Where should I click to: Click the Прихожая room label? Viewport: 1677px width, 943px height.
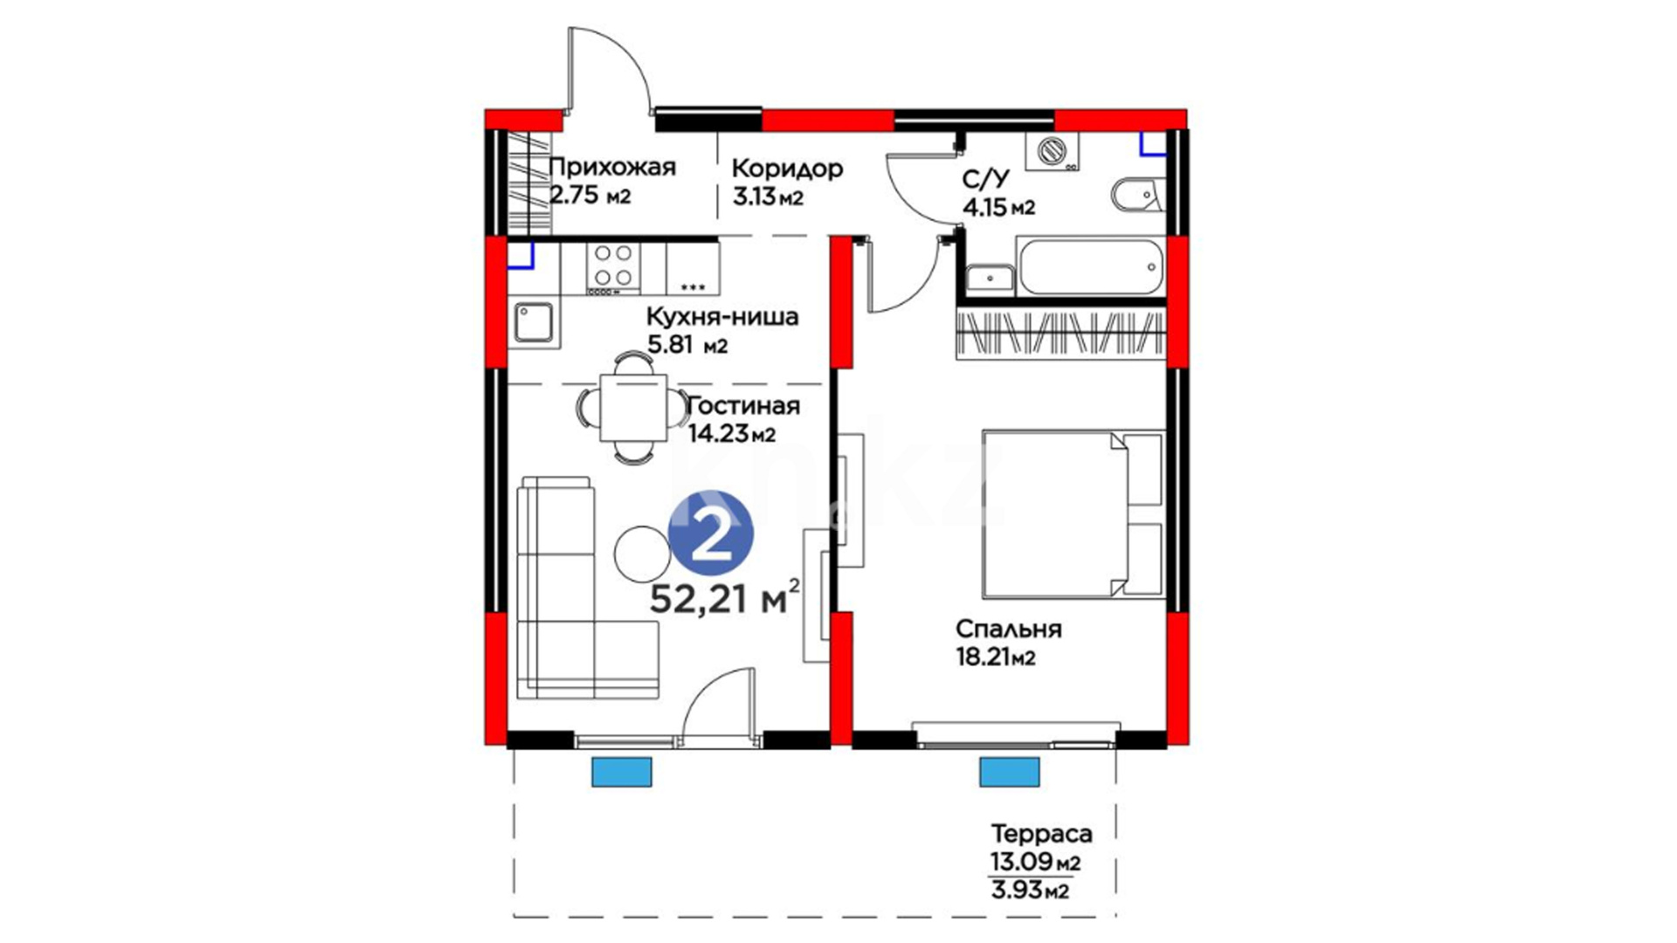[x=612, y=168]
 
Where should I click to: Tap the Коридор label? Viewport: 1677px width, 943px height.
[x=787, y=169]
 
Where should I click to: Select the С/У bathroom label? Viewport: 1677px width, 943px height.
[x=986, y=179]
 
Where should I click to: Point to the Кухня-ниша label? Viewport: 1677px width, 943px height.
[x=722, y=316]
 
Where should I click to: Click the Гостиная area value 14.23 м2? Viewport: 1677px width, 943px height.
[x=732, y=433]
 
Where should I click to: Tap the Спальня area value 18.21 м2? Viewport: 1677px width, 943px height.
[x=996, y=657]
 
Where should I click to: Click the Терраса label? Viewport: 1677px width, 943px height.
[x=1041, y=833]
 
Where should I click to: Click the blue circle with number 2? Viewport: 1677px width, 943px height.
[x=710, y=533]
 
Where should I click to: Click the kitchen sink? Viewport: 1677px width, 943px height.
[x=533, y=321]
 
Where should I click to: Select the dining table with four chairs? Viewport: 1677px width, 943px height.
[x=633, y=407]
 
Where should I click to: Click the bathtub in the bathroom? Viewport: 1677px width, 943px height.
[x=1091, y=267]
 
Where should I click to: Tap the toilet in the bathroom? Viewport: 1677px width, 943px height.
[x=1138, y=194]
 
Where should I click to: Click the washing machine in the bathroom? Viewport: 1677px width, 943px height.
[x=1052, y=151]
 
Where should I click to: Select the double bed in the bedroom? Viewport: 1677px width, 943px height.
[x=1073, y=513]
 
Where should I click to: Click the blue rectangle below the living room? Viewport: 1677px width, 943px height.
[x=622, y=772]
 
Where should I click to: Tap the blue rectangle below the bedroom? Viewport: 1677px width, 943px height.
[x=1010, y=772]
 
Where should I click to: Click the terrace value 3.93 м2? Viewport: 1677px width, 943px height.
[x=1030, y=891]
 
